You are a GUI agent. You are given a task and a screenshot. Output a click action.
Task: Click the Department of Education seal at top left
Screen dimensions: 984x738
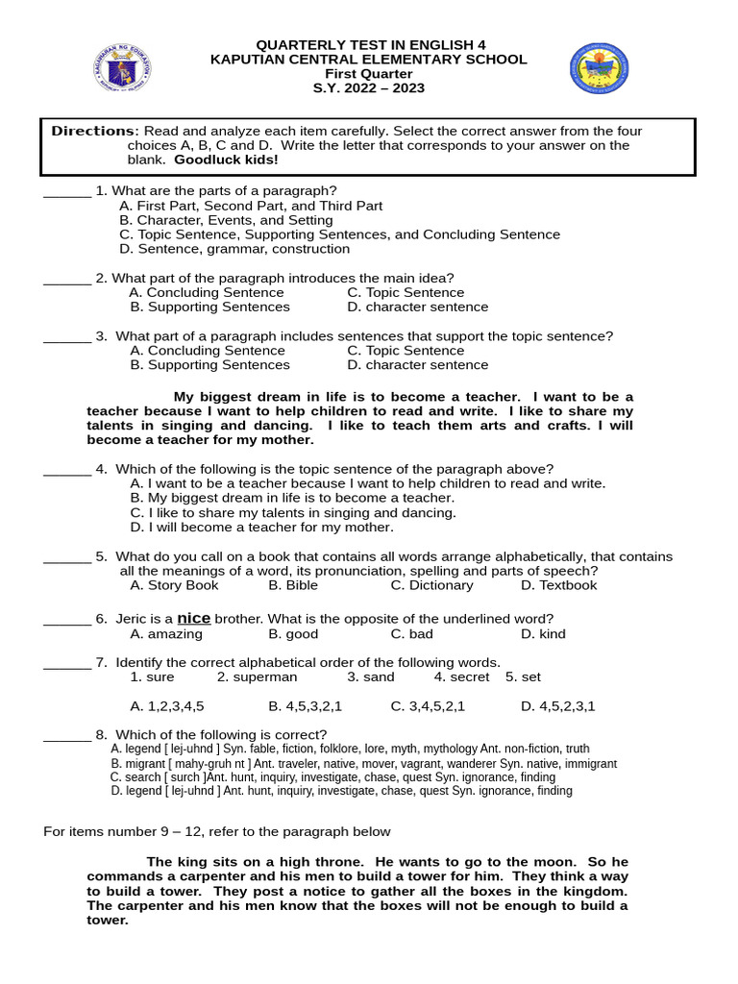(x=122, y=67)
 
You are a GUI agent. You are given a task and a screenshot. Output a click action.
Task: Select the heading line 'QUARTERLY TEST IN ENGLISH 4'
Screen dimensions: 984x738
(x=369, y=45)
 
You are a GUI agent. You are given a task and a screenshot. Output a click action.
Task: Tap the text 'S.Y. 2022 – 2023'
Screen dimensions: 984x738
(x=369, y=88)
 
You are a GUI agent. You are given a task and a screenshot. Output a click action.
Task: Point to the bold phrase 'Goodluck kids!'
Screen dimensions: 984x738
(x=219, y=160)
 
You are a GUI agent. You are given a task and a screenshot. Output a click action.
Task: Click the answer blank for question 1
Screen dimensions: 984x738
(x=67, y=191)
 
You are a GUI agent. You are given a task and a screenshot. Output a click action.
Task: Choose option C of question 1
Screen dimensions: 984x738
(x=339, y=234)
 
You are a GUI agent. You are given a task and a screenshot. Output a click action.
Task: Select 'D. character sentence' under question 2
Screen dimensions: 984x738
(x=417, y=307)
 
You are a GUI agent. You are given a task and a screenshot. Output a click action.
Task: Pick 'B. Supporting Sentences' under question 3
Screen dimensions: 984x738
(x=209, y=365)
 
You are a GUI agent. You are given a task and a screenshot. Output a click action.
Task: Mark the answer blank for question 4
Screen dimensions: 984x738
(x=67, y=470)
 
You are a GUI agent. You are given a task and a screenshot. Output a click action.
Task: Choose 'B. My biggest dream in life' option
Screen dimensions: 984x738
(x=292, y=498)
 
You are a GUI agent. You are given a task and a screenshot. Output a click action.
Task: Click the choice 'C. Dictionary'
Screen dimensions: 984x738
(x=431, y=585)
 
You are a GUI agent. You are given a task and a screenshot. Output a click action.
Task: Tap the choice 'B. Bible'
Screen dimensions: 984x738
(x=293, y=585)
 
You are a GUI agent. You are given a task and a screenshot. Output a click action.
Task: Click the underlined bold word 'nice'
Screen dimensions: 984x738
(x=193, y=618)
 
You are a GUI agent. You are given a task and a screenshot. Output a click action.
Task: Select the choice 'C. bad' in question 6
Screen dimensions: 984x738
(x=411, y=634)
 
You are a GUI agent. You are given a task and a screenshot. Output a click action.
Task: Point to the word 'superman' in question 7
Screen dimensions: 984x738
(x=257, y=676)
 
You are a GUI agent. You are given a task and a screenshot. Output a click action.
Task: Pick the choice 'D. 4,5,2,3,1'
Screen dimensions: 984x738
(x=557, y=706)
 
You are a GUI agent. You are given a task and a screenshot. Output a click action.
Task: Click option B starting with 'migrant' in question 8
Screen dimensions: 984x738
(x=363, y=763)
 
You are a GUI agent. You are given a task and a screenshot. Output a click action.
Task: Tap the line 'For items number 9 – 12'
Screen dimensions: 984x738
(x=217, y=831)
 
